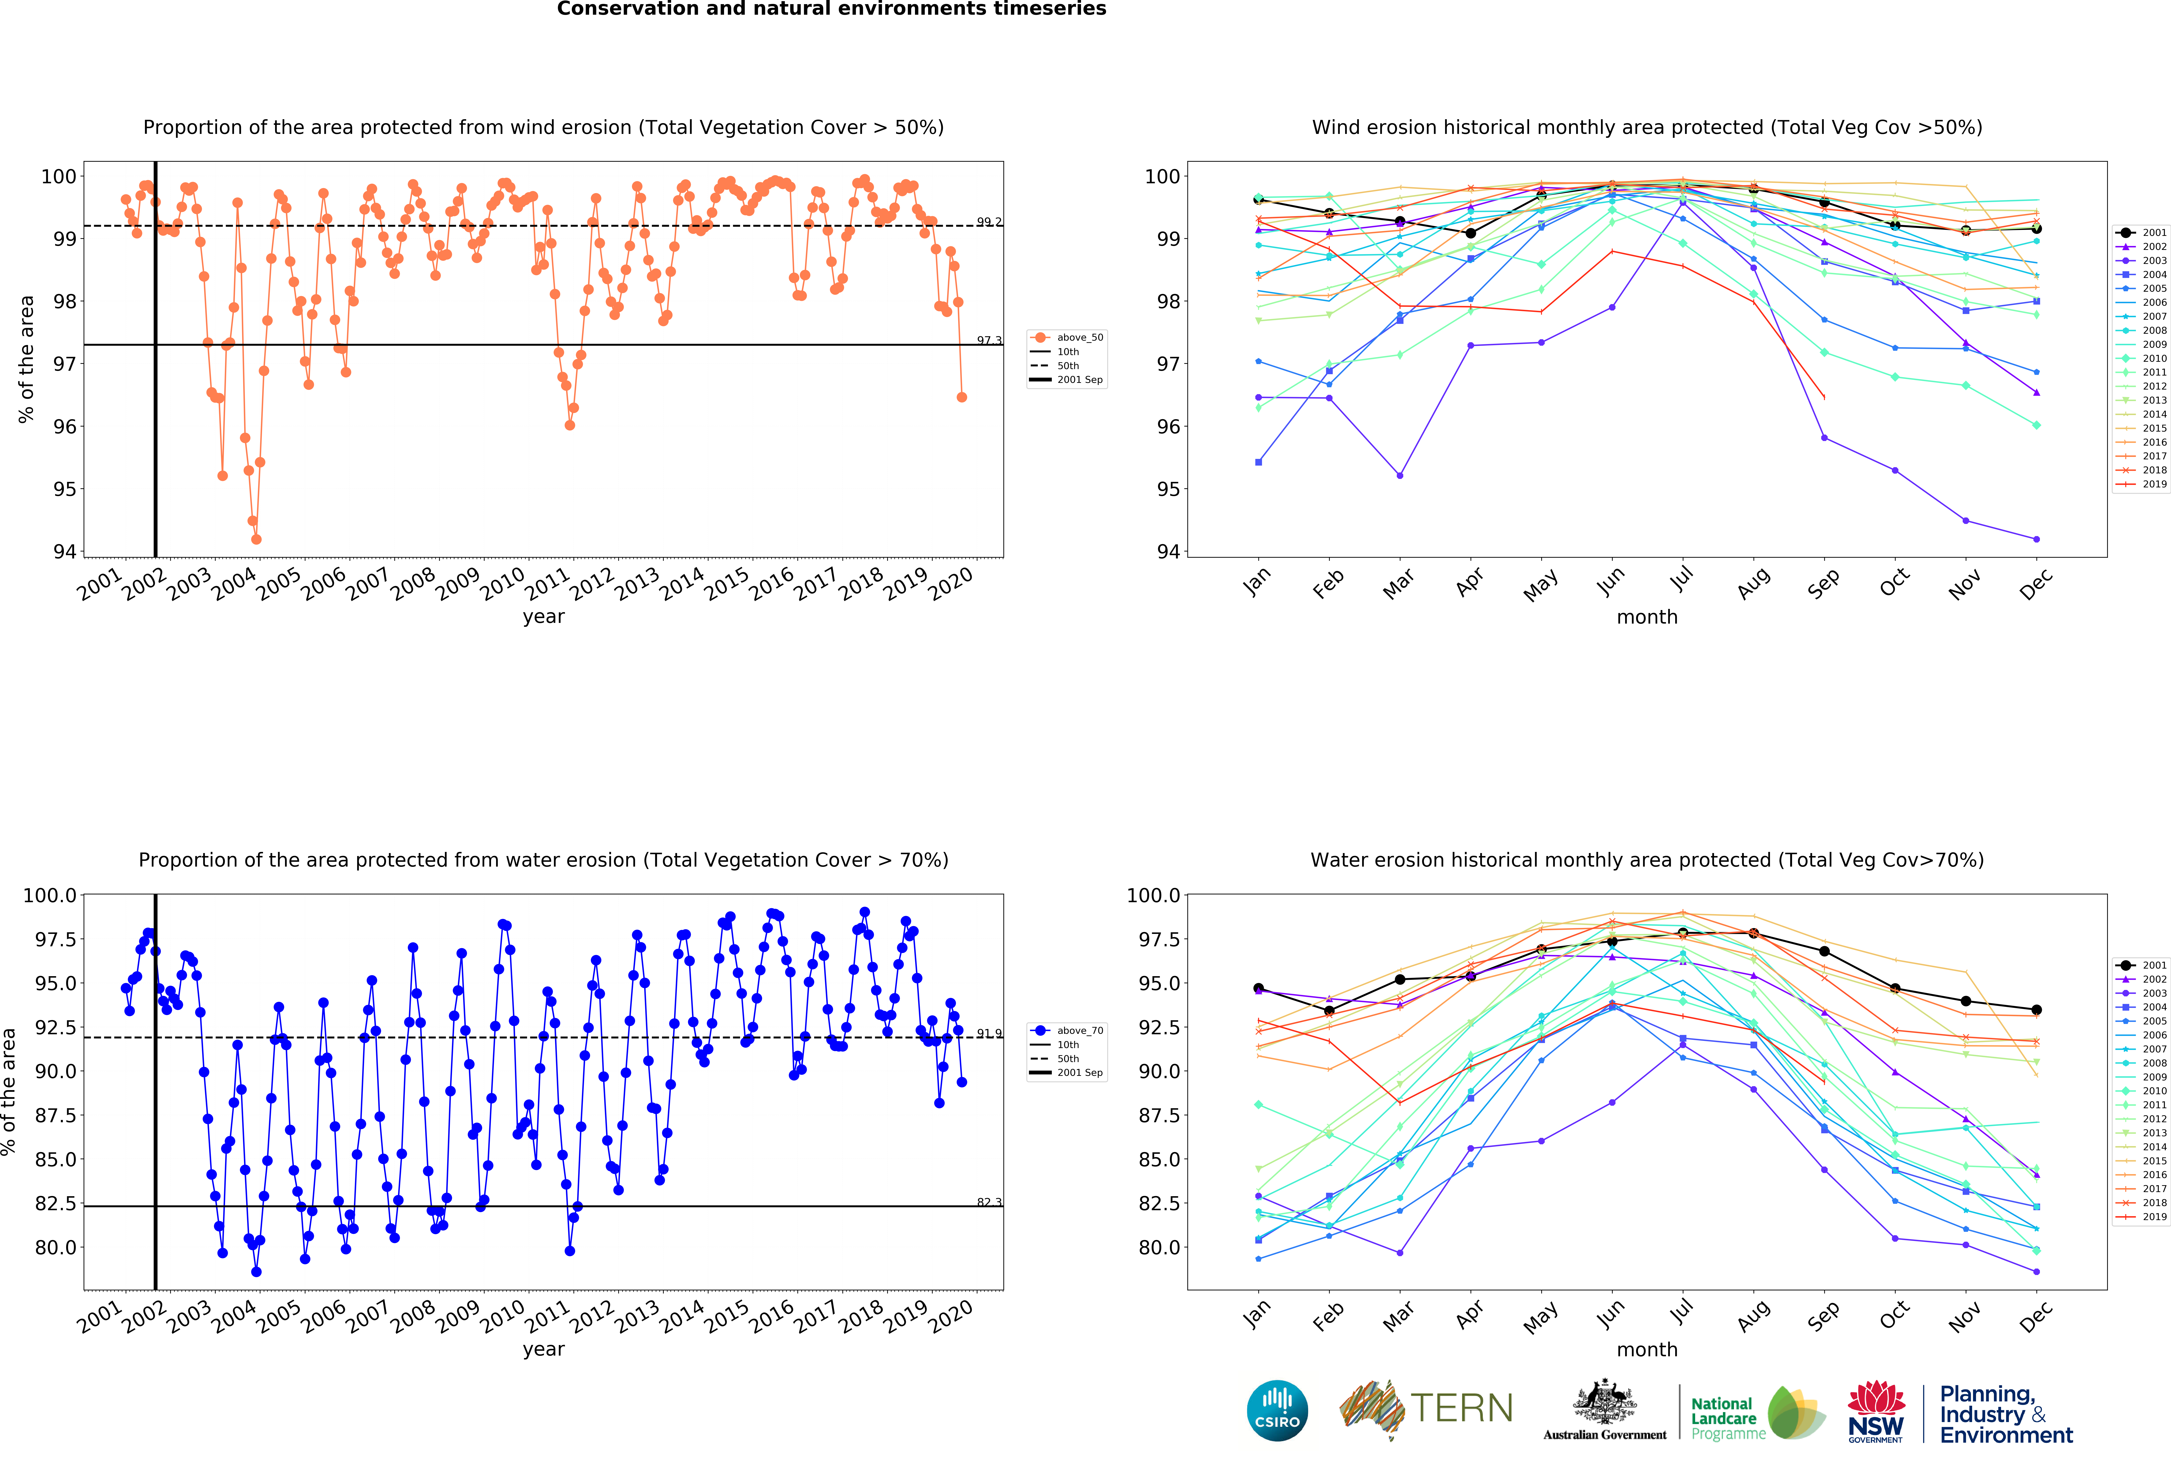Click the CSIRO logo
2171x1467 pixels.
1277,1410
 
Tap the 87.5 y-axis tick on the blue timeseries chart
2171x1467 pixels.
56,1115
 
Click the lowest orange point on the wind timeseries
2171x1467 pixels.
256,539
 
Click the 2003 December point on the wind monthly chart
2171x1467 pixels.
2036,539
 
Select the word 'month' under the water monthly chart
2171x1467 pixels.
1647,1349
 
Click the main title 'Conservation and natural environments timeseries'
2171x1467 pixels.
831,9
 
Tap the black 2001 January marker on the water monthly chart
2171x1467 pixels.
1258,988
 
